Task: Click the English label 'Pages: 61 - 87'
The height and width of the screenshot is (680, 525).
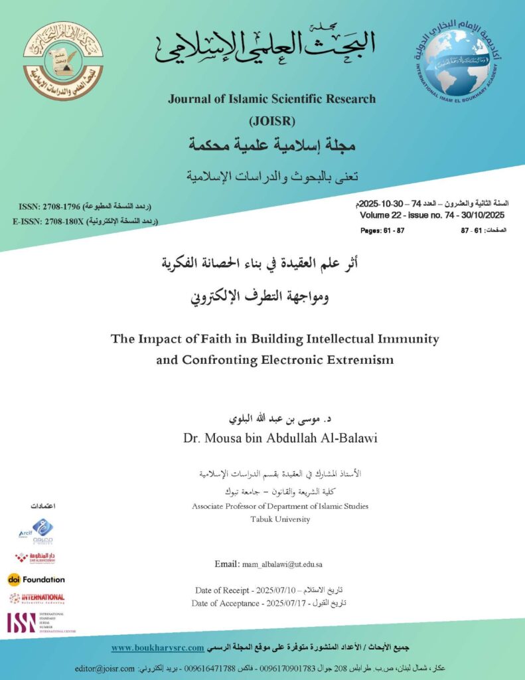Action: coord(382,230)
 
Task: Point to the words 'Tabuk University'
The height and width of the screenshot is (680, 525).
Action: coord(279,519)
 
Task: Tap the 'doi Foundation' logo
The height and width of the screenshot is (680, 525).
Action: coord(37,579)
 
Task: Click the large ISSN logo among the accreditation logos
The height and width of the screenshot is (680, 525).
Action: coord(21,622)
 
